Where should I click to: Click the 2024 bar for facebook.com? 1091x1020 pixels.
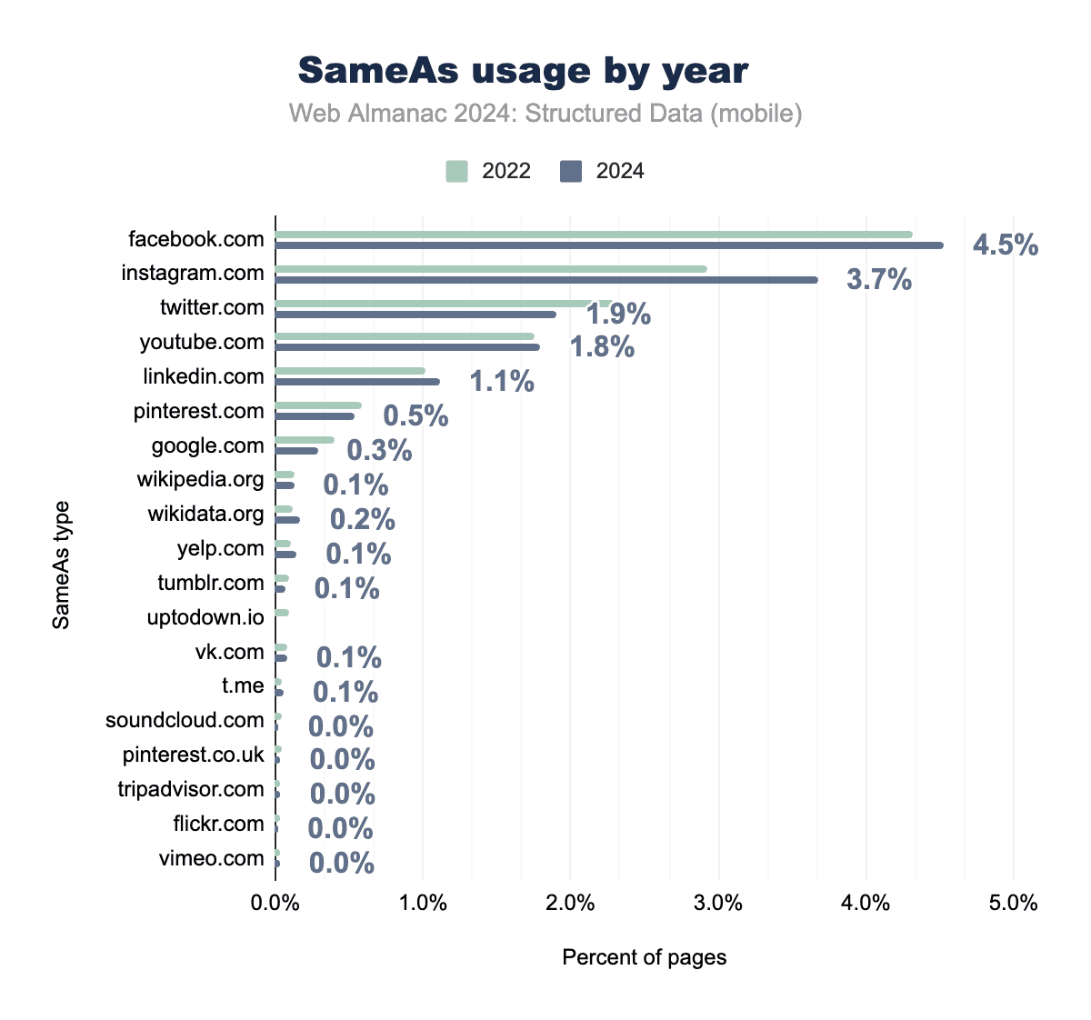(609, 245)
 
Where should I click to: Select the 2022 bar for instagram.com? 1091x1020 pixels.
(491, 269)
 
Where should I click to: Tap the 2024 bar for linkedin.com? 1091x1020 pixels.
(357, 382)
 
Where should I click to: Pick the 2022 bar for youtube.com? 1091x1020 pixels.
(405, 336)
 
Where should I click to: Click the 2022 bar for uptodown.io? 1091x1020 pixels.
(282, 613)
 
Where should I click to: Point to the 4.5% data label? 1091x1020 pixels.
(1006, 245)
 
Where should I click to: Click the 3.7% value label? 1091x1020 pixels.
(879, 280)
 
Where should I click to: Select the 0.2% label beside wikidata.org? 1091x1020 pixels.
(362, 519)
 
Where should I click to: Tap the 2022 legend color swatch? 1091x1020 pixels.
(456, 171)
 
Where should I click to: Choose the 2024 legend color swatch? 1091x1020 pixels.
(571, 171)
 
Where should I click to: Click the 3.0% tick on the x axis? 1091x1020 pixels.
(718, 903)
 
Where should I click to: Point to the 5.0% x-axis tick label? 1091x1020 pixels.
(1014, 903)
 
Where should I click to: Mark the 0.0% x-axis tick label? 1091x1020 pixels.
(275, 903)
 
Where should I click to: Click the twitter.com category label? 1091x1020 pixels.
(212, 307)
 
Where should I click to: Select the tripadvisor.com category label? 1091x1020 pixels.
(191, 789)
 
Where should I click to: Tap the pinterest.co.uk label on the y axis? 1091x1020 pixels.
(194, 755)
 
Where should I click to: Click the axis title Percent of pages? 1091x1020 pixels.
(645, 957)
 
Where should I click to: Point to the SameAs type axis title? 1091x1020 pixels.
(61, 565)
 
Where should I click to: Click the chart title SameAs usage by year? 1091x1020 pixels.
(524, 70)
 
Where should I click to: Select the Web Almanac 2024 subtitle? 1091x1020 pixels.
(545, 114)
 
